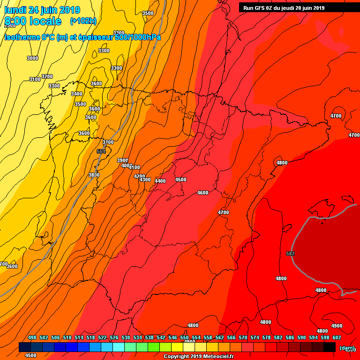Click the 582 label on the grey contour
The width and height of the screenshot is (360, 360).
[x=291, y=254]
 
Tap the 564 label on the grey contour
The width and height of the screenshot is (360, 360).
[x=101, y=151]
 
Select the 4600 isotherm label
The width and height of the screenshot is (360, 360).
[x=203, y=193]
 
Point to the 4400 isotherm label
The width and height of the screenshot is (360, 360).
[x=160, y=181]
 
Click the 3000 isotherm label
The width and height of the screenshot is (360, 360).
[x=32, y=58]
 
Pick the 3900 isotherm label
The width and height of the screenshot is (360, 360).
[x=122, y=160]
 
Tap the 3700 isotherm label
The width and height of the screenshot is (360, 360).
[x=108, y=142]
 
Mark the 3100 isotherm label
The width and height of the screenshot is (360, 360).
[x=35, y=79]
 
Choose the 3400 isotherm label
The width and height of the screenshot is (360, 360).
[x=77, y=94]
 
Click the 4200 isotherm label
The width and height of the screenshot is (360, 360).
[x=139, y=176]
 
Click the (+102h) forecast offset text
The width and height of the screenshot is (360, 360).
[x=83, y=21]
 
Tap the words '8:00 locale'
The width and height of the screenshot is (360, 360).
[x=33, y=21]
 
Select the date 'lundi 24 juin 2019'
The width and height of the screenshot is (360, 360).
[x=42, y=10]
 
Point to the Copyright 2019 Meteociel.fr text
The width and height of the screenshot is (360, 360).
[x=199, y=357]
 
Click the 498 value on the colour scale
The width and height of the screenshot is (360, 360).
[x=32, y=337]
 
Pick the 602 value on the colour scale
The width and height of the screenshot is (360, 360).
[x=337, y=337]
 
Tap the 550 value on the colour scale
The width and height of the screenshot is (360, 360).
[x=184, y=337]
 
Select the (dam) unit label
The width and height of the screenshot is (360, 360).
[x=347, y=348]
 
